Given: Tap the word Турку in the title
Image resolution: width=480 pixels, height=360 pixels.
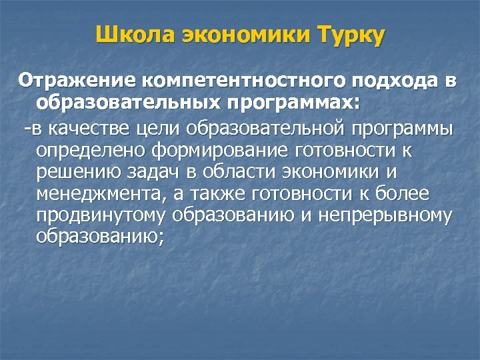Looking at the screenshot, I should pyautogui.click(x=351, y=35).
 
